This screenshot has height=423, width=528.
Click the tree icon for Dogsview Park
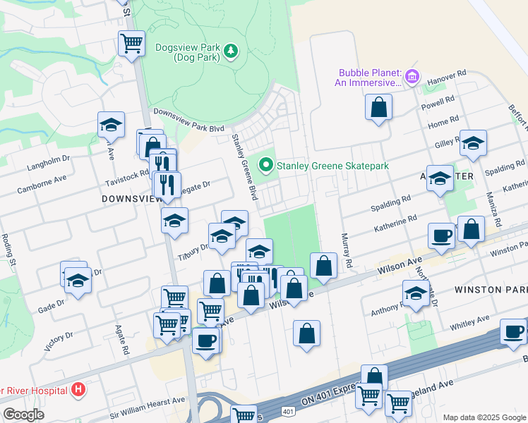pos(231,51)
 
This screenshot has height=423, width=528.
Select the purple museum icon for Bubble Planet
pos(412,76)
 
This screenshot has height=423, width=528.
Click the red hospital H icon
pos(78,390)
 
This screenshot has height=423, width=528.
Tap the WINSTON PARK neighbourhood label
pos(491,290)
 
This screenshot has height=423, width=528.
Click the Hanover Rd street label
pos(452,73)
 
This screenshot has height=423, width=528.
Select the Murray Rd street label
pos(346,251)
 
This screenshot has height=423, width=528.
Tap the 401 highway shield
pos(287,411)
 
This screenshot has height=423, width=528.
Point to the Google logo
pos(23,415)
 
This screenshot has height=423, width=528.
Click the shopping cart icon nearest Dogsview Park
pos(131,42)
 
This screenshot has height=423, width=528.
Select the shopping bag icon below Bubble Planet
pos(379,107)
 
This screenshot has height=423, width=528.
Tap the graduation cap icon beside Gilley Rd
pos(473,142)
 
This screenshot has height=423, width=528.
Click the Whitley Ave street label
pos(469,319)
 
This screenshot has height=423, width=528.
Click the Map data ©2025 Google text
pos(484,417)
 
